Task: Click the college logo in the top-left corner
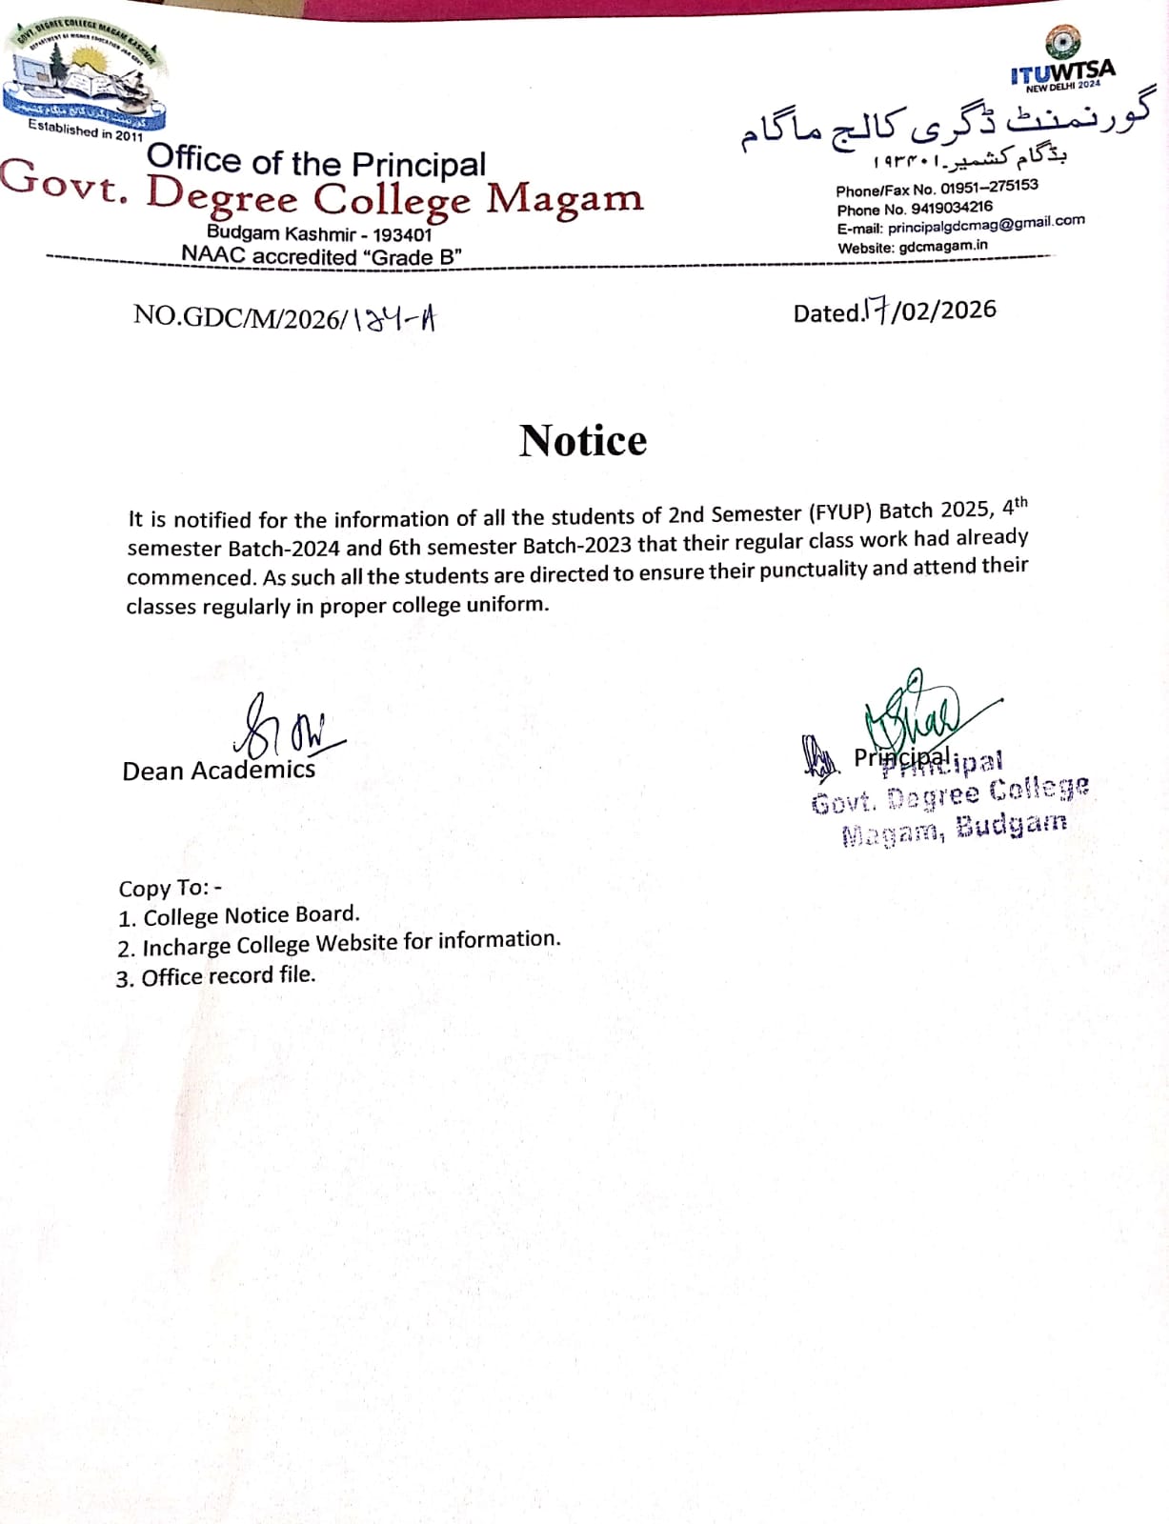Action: tap(84, 76)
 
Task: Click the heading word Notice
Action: tap(583, 441)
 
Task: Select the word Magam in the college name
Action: tap(565, 198)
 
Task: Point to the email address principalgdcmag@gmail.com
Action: tap(986, 225)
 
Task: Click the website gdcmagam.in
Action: tap(943, 246)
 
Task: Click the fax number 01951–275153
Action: tap(989, 187)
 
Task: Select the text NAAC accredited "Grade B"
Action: tap(322, 256)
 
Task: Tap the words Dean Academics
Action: tap(218, 770)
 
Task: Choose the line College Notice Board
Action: tap(251, 915)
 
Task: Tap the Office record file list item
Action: tap(228, 976)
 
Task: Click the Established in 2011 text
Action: tap(86, 130)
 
